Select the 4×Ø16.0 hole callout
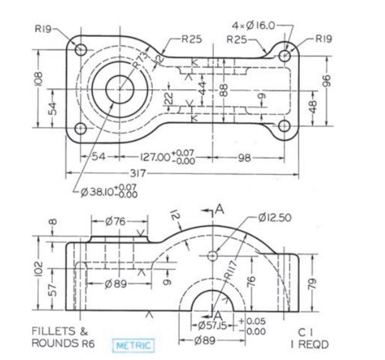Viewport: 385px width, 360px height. point(254,25)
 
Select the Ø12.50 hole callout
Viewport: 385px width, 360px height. point(275,218)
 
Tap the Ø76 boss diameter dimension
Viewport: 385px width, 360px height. point(119,222)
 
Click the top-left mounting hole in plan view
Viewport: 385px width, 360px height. point(81,49)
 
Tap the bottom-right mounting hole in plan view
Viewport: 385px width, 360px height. point(284,125)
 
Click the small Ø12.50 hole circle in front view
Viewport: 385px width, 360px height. point(212,255)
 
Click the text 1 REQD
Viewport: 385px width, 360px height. point(309,344)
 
